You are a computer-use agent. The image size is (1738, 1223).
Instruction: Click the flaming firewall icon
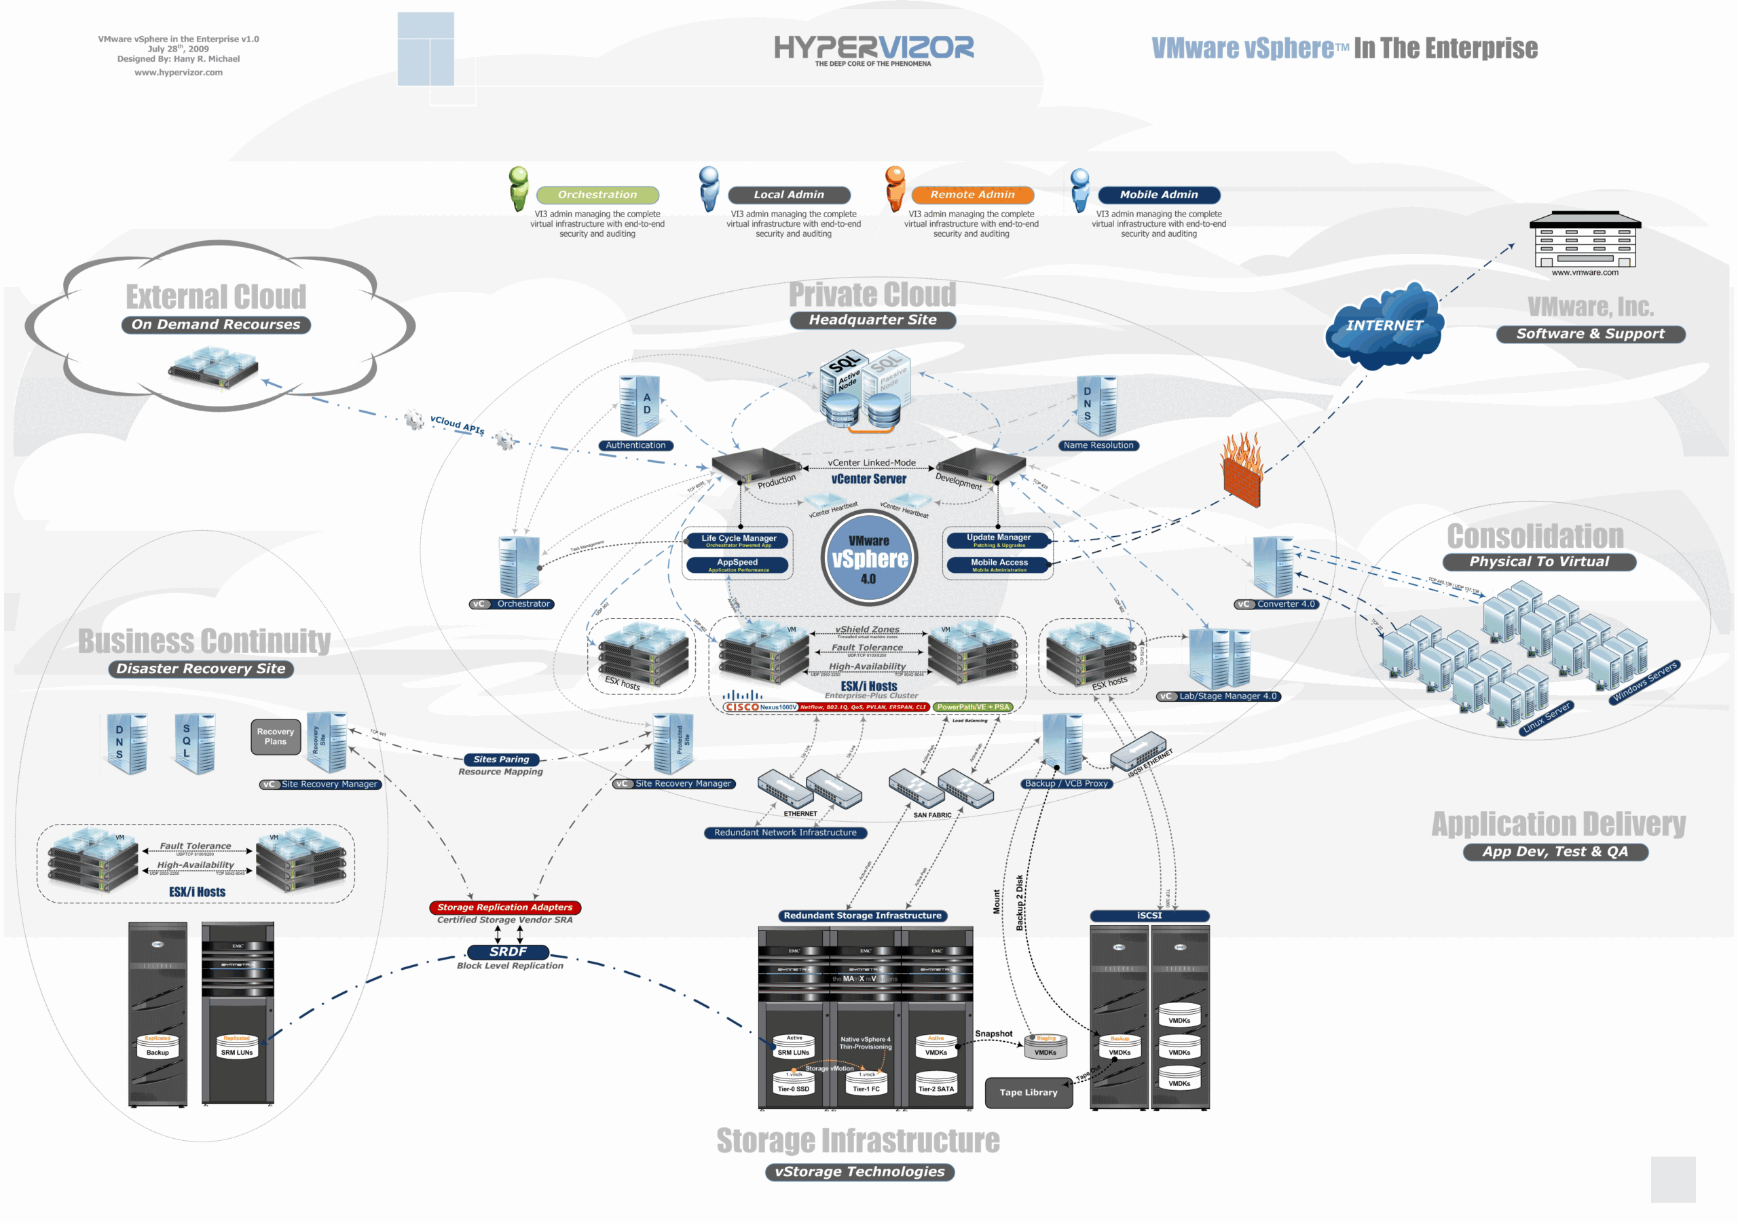pos(1242,469)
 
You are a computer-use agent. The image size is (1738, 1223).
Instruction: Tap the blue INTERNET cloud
pos(1384,326)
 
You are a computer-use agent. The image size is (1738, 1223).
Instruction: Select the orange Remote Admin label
pos(972,195)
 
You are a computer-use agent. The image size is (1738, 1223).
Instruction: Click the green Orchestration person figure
pos(519,189)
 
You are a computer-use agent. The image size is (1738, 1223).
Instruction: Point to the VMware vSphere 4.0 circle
pos(869,559)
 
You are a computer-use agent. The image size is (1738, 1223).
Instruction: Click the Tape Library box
pos(1028,1092)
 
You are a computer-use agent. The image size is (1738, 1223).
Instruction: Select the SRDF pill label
pos(508,952)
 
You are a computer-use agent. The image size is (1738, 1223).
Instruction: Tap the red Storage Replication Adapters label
pos(505,907)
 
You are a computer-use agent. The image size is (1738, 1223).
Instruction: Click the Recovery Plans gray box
pos(276,736)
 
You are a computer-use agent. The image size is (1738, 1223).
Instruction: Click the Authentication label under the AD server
pos(636,445)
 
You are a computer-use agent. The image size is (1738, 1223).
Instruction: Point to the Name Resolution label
pos(1098,445)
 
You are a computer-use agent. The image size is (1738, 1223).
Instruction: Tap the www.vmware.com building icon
pos(1585,241)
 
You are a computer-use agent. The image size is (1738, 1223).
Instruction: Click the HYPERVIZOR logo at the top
pos(874,49)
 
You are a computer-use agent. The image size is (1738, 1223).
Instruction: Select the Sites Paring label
pos(501,759)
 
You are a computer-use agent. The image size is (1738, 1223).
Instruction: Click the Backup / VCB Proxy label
pos(1066,783)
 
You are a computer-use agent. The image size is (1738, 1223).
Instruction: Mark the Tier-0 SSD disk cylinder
pos(792,1085)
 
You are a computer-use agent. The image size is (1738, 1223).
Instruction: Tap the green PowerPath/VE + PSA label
pos(973,707)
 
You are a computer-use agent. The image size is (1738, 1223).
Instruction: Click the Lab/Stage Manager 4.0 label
pos(1227,696)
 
